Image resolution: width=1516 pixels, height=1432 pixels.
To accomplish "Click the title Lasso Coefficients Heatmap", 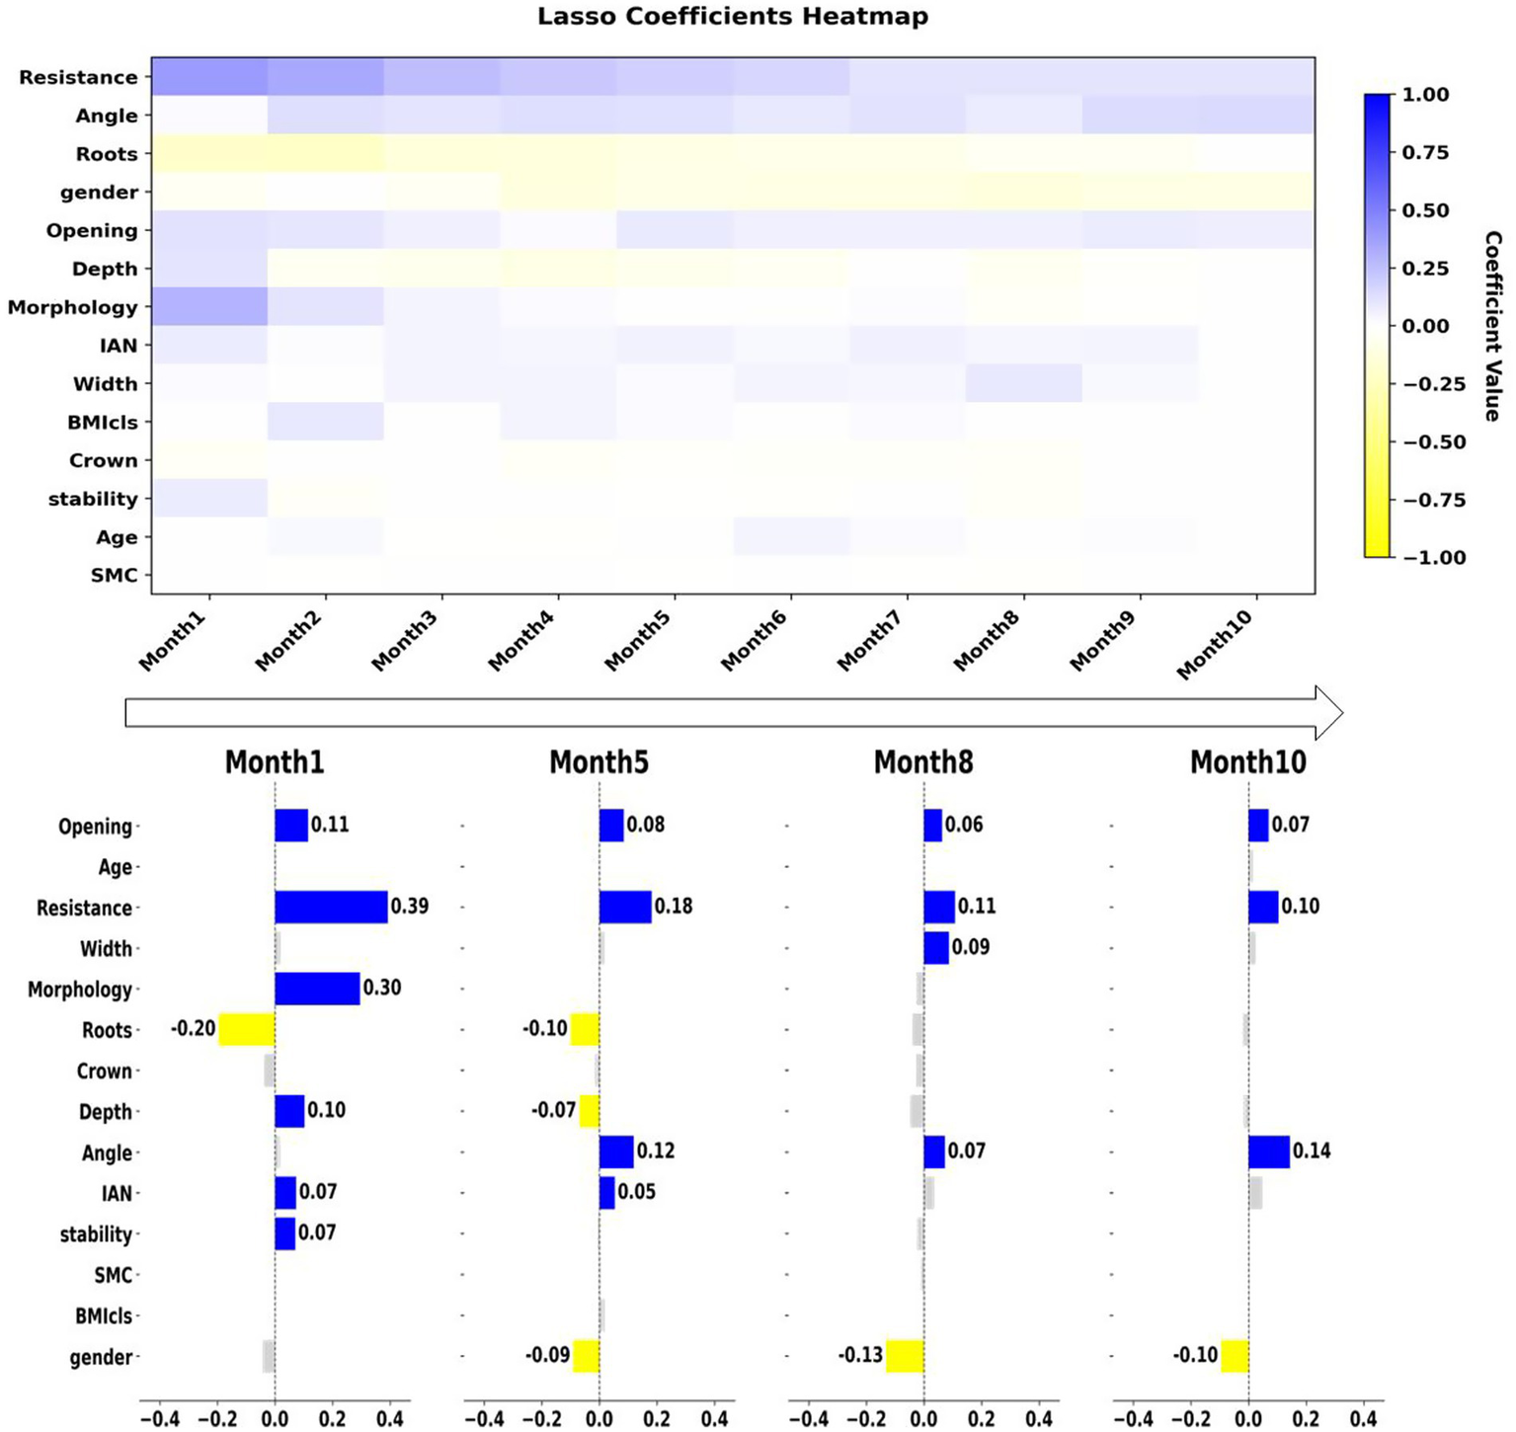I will pos(732,17).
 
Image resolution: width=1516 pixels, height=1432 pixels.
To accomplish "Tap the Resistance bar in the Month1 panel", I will pos(331,907).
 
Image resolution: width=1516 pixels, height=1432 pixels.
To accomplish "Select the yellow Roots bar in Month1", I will pos(246,1029).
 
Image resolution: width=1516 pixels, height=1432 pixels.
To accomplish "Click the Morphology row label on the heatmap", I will pos(73,307).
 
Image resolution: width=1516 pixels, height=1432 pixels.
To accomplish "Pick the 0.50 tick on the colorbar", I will pos(1425,210).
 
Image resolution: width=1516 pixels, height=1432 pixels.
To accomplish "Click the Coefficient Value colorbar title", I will pos(1492,326).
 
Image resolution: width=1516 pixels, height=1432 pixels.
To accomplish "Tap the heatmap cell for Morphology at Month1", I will pos(209,307).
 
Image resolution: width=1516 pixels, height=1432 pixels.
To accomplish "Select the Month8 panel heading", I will pos(922,762).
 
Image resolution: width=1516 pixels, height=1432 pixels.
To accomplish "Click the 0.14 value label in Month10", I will pos(1311,1152).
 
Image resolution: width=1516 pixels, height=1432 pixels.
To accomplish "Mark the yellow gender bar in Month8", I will pos(904,1356).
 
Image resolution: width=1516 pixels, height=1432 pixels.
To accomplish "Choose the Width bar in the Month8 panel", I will pos(936,948).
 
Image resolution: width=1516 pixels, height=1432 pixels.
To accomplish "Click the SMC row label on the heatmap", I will pos(114,576).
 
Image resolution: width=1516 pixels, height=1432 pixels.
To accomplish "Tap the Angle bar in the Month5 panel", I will pos(616,1152).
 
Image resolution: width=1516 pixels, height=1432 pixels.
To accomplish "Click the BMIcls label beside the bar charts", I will pos(104,1315).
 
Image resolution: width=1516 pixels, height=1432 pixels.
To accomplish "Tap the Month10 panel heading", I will pos(1247,762).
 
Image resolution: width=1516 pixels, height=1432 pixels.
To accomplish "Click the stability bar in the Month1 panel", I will pos(285,1233).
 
